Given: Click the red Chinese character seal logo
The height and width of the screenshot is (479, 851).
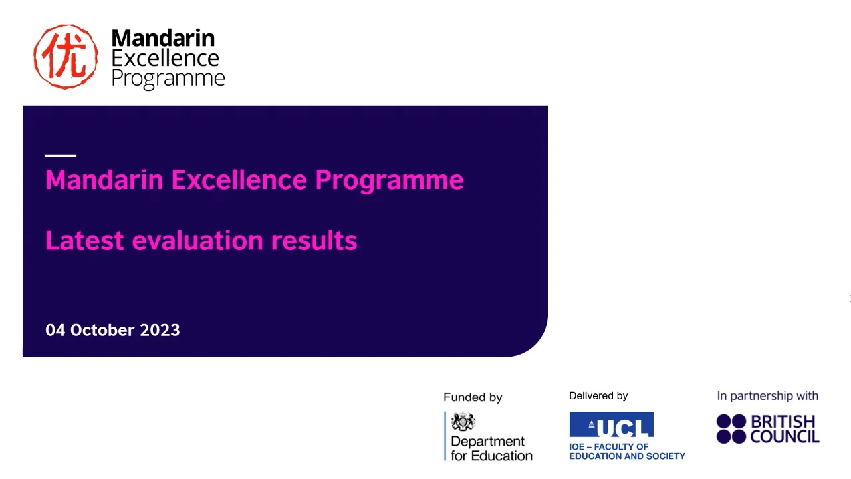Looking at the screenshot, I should [66, 57].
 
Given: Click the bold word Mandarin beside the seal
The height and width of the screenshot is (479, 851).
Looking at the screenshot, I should [163, 38].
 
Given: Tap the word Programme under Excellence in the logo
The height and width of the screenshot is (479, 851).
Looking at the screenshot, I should [168, 79].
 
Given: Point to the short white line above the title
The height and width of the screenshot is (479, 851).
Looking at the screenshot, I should [61, 156].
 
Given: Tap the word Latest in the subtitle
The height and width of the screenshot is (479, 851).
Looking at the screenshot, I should [84, 240].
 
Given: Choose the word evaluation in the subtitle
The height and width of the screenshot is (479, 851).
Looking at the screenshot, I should [197, 240].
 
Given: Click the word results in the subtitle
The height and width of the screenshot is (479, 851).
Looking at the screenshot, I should [314, 240].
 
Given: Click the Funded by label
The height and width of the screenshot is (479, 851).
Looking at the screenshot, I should [473, 397].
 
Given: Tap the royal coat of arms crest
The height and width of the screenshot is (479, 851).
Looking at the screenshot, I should [463, 422].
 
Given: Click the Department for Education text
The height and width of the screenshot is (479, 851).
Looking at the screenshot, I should [491, 448].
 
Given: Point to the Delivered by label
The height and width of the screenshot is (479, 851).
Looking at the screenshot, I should [598, 396].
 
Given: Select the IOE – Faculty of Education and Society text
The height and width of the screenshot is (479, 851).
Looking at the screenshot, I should [627, 451].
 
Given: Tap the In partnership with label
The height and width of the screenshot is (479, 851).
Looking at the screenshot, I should [767, 396].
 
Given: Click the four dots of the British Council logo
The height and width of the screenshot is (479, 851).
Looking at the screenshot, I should [731, 429].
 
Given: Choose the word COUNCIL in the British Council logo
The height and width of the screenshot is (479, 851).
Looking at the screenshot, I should [785, 437].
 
